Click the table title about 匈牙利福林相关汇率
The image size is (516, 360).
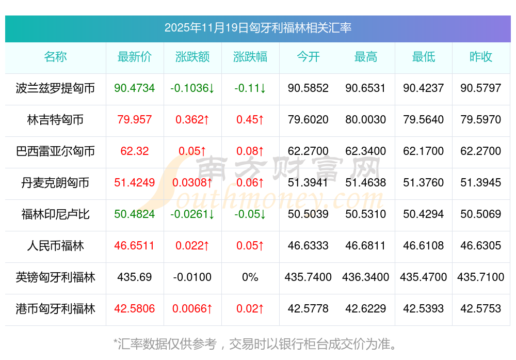[x=258, y=28]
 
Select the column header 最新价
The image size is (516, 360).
[x=135, y=57]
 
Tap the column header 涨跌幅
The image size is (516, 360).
[x=250, y=57]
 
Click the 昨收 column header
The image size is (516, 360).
[x=481, y=57]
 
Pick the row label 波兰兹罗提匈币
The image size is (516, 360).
[x=56, y=88]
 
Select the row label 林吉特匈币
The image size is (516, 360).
[x=56, y=120]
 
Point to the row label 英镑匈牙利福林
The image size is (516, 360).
[x=56, y=277]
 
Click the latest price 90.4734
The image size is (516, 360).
[x=135, y=88]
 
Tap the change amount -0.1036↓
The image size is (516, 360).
[x=192, y=88]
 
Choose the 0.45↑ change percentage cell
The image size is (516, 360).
[x=250, y=120]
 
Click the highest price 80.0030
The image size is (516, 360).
[x=366, y=120]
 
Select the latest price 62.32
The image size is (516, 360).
[x=135, y=151]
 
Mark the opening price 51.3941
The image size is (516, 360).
[x=308, y=183]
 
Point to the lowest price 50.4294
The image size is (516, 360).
[x=424, y=214]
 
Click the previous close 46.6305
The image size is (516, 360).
[x=481, y=246]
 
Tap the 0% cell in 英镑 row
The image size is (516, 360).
[x=250, y=277]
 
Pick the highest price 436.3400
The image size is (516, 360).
[x=366, y=277]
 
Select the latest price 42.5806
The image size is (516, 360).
[x=135, y=309]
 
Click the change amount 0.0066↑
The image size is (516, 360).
[x=192, y=309]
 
